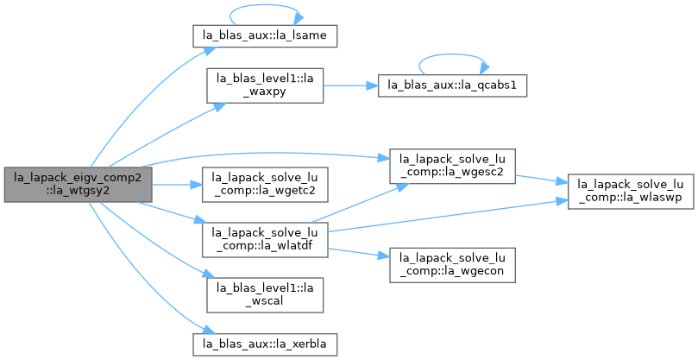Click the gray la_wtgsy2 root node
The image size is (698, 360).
78,185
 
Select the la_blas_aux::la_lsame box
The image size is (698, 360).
264,36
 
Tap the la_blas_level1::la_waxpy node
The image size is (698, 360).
264,85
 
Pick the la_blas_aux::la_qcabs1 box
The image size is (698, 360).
452,85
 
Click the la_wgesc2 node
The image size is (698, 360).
452,167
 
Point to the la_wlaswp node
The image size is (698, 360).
631,192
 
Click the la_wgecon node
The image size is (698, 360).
452,265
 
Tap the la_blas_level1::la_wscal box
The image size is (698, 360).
264,295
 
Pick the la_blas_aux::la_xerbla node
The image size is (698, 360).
264,344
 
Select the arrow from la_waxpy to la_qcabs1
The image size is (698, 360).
351,85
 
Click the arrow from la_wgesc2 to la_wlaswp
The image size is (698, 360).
542,179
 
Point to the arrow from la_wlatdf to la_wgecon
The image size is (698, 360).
359,253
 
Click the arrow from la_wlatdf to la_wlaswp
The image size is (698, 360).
448,216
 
